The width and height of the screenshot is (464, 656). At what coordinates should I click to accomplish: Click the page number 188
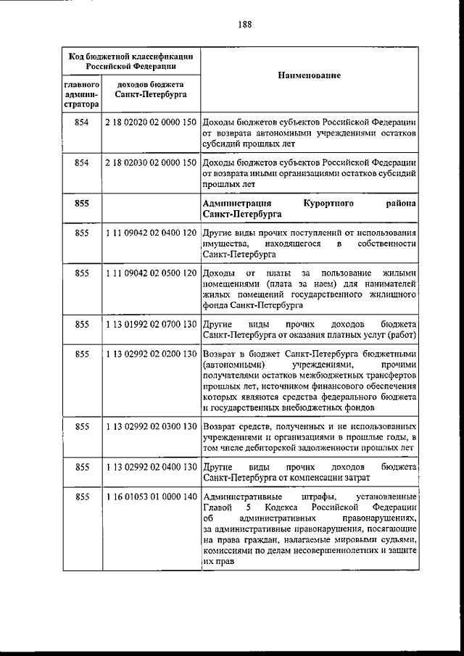point(244,24)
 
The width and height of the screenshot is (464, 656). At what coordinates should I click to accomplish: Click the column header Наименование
point(309,75)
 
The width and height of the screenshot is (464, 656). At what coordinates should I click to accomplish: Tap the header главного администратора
point(81,94)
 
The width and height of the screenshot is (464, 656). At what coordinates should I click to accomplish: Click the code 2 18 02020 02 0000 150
point(150,123)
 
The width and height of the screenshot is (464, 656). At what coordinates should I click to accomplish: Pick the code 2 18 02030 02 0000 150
point(150,162)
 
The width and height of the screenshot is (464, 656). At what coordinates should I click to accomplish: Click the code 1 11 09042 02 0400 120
point(150,233)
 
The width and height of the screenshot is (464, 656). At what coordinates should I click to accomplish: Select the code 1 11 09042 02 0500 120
point(150,273)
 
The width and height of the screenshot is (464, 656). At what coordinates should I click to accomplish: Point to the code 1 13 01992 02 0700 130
point(150,323)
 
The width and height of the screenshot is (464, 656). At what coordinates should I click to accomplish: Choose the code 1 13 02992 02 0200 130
point(150,354)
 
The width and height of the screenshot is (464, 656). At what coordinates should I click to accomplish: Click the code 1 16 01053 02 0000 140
point(150,497)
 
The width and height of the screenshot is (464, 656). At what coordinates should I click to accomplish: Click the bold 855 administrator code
point(81,203)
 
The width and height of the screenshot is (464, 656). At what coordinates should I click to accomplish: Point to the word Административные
point(244,497)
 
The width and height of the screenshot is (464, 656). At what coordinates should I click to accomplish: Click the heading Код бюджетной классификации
point(130,56)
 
